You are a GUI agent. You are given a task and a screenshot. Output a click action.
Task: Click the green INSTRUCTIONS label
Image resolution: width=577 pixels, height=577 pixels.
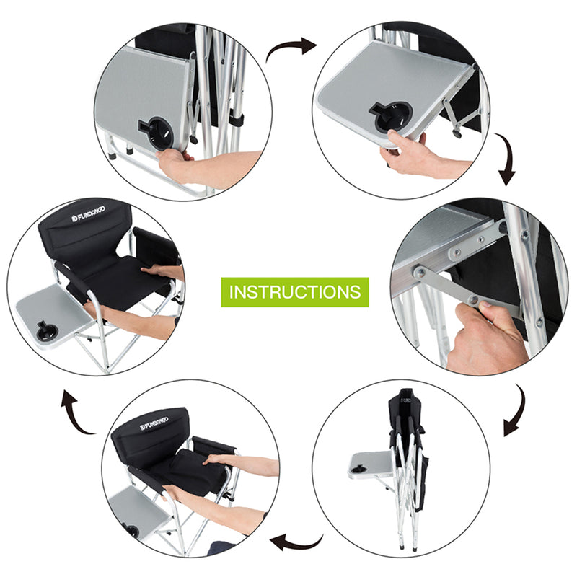[294, 292]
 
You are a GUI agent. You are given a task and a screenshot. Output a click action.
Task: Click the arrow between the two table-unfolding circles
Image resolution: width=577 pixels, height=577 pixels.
[291, 48]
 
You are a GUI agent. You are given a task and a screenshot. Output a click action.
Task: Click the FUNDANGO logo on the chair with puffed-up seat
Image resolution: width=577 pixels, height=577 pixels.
[153, 420]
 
